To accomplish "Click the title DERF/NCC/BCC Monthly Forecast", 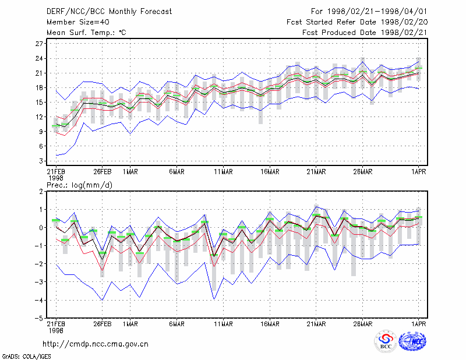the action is (x=109, y=12).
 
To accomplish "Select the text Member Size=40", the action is (x=78, y=22).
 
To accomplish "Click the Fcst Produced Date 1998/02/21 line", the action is (x=365, y=33).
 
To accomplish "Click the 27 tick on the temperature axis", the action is (x=39, y=44).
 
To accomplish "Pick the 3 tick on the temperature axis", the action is (x=41, y=161).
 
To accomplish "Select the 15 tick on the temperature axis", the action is (x=39, y=103).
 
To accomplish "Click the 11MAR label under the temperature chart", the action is (x=223, y=172).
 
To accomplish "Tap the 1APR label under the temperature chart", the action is (x=419, y=172).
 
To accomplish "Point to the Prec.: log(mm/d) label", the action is (x=79, y=185).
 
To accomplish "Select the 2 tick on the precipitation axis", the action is (x=41, y=192).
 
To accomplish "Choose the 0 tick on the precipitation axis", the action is (x=41, y=228).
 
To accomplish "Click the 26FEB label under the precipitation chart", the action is (x=103, y=324).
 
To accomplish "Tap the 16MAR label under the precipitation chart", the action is (x=270, y=324).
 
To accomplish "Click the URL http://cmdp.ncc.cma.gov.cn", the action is (x=96, y=344).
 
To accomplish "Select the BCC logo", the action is (x=386, y=341).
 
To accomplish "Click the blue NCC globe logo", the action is (x=412, y=341).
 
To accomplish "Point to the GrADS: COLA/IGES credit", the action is (x=26, y=357).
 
